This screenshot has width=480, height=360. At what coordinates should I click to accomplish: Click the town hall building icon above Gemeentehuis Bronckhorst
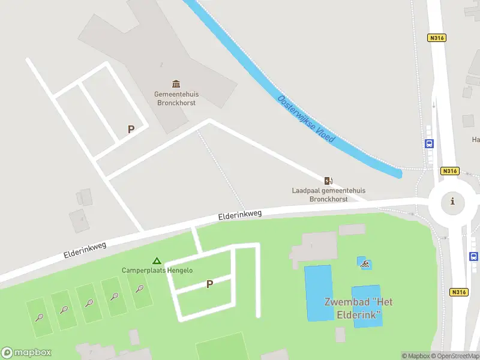coord(176,83)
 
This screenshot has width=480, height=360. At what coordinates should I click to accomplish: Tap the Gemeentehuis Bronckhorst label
coord(176,98)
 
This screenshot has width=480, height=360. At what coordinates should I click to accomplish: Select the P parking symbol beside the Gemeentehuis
coord(131,129)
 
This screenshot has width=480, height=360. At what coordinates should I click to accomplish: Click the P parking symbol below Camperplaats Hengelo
coord(209,284)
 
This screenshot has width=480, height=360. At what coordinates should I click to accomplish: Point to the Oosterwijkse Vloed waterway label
coord(306,119)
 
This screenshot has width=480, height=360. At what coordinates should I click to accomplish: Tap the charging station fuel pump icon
coord(328,181)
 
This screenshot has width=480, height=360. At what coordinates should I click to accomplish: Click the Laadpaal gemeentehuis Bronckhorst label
coord(328,194)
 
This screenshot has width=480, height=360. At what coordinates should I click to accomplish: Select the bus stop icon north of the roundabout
coord(429,144)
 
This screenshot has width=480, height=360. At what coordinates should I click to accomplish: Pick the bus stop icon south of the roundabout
coord(473,256)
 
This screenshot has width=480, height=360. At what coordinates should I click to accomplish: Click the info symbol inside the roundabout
coord(452,202)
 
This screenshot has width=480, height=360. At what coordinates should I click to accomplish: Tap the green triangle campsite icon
coord(157,261)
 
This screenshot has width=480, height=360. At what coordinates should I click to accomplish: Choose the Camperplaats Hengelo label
coord(157,271)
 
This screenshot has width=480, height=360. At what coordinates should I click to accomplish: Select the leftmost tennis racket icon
coord(39,317)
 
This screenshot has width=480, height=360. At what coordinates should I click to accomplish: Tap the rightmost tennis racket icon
coord(140,289)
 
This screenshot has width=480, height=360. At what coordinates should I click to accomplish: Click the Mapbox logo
coord(26,353)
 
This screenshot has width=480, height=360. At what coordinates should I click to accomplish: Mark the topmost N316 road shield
coord(436,38)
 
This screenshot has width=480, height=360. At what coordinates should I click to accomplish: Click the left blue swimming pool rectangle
coord(318,293)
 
